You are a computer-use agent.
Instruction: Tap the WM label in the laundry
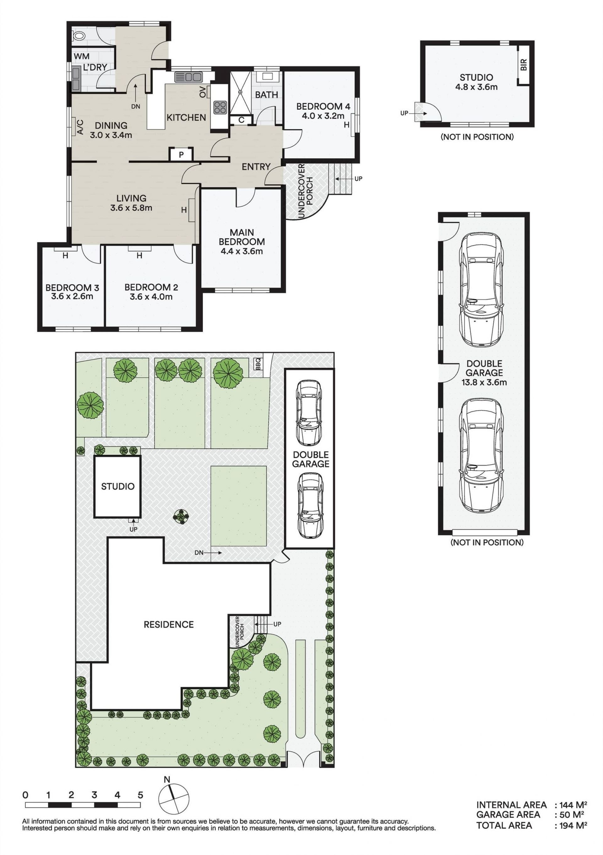82,56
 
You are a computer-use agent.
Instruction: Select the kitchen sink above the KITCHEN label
188,77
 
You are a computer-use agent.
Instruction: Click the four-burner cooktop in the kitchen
220,108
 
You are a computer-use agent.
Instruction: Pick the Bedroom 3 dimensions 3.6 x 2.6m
72,296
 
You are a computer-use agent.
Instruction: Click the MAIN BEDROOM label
242,237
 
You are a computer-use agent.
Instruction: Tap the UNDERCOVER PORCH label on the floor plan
306,191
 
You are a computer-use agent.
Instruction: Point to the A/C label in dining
80,127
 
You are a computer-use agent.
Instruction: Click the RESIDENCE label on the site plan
169,625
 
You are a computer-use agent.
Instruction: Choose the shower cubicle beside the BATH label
240,92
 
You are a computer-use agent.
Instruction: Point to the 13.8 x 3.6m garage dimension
484,382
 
